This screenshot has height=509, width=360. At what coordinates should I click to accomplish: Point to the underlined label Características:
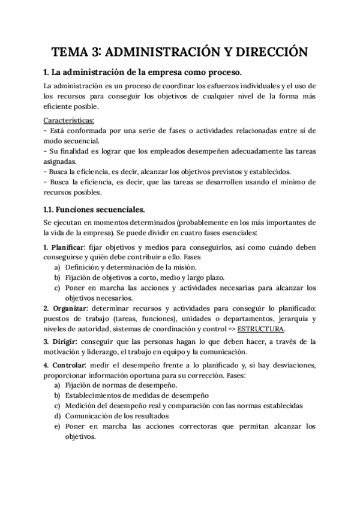click(69, 119)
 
